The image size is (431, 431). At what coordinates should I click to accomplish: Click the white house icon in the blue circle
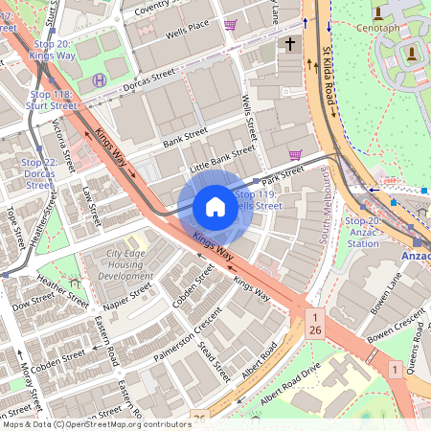pyautogui.click(x=215, y=207)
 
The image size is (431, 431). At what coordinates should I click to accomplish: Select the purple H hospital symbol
pyautogui.click(x=100, y=79)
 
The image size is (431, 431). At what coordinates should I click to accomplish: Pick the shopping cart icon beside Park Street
pyautogui.click(x=295, y=154)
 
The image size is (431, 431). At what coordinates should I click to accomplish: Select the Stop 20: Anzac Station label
pyautogui.click(x=362, y=232)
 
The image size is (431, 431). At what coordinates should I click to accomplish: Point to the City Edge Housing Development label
pyautogui.click(x=125, y=263)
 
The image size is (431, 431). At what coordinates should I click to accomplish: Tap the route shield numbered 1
pyautogui.click(x=394, y=369)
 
